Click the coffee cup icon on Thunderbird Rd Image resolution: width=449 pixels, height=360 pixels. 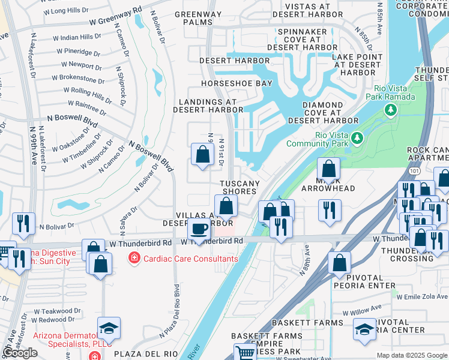(x=199, y=229)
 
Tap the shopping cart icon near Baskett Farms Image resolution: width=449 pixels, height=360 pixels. (x=244, y=353)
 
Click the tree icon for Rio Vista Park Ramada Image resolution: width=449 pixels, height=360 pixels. (x=391, y=109)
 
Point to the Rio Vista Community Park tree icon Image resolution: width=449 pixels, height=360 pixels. (x=358, y=138)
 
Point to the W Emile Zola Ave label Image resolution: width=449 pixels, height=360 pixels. (x=423, y=296)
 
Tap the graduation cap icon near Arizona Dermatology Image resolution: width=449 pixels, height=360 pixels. (x=109, y=328)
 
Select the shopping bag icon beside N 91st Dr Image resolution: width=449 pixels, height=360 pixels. (x=203, y=154)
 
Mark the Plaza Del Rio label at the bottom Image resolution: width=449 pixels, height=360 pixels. (x=139, y=354)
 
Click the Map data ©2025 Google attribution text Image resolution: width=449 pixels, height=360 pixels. (x=412, y=355)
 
